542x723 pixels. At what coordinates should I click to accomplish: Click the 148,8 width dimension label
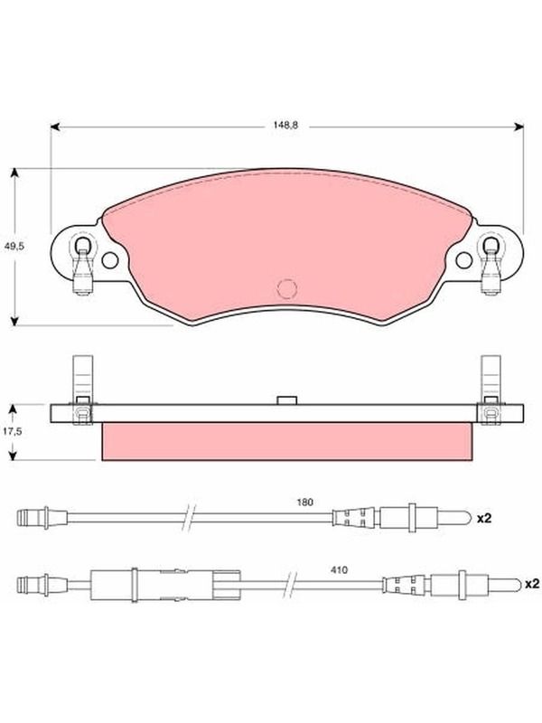tap(285, 125)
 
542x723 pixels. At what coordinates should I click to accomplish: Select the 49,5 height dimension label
tap(14, 246)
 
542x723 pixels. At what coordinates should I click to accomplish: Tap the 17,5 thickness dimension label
tap(13, 432)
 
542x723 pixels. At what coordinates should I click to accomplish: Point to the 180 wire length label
tap(304, 502)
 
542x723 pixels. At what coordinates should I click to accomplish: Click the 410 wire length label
tap(339, 570)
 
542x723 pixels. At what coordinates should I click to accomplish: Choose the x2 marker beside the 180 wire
tap(484, 518)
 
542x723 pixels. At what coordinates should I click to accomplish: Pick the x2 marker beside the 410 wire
tap(532, 584)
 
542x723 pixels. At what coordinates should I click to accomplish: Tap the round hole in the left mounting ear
tap(109, 260)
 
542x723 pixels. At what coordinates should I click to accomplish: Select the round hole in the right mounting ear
tap(463, 260)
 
